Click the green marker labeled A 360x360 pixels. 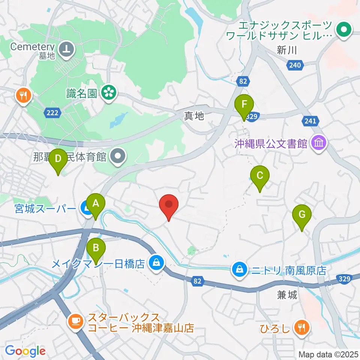pos(96,204)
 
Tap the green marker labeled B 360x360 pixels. pos(96,248)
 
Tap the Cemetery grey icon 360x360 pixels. pos(68,48)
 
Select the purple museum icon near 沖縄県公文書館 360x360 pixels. pos(319,143)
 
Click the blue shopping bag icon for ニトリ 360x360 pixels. pos(238,269)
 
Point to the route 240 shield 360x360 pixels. pos(295,65)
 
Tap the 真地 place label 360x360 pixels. pos(194,117)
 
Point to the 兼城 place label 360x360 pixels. pos(287,295)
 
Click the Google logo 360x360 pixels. pos(25,351)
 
